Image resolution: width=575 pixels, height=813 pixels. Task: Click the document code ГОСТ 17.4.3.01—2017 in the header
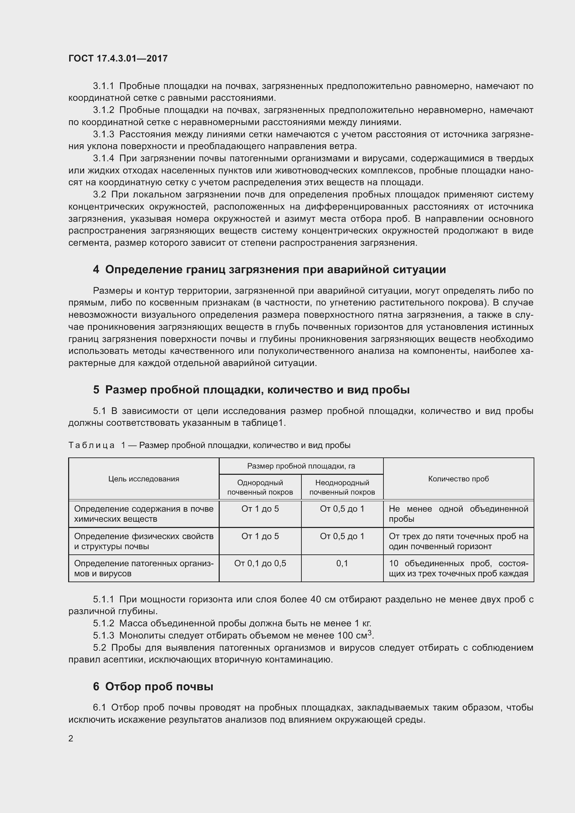[118, 58]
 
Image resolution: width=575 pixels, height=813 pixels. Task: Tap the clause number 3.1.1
[103, 86]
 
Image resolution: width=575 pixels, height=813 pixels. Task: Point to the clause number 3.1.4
[103, 158]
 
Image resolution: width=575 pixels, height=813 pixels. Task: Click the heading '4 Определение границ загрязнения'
[269, 269]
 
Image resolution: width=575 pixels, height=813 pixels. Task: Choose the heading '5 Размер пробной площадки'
[251, 390]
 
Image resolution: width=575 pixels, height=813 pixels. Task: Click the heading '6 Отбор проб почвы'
[153, 686]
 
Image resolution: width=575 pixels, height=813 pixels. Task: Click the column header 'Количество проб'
[458, 479]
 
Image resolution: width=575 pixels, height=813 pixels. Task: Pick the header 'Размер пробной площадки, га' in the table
[301, 466]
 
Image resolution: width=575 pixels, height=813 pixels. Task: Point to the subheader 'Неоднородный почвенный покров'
[342, 487]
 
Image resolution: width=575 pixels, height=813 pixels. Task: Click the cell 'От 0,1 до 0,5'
[260, 563]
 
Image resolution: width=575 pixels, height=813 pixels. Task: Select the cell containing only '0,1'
[342, 563]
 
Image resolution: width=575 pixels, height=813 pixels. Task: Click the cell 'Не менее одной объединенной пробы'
[458, 514]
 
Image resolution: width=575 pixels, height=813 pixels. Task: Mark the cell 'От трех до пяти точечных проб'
[458, 541]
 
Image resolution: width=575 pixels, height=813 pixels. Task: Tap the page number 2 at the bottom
[71, 738]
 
